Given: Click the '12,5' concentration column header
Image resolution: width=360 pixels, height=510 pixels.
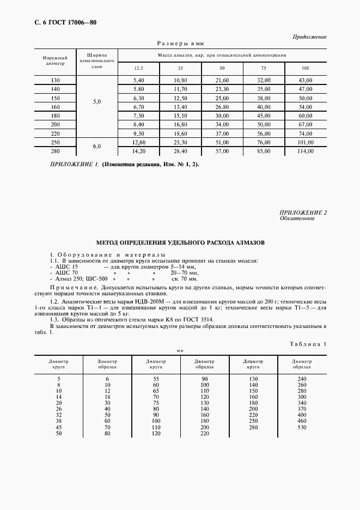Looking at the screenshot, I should (139, 68).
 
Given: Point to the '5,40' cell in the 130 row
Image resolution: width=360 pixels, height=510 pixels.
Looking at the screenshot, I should (138, 80).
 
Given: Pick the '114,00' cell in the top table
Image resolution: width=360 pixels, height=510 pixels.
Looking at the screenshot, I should (305, 151).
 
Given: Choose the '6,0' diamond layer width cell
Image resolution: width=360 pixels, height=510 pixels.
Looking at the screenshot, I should (97, 147).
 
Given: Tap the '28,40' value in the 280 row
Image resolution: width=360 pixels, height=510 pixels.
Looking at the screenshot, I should (180, 151).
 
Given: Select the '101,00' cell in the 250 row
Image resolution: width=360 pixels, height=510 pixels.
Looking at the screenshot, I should (305, 143).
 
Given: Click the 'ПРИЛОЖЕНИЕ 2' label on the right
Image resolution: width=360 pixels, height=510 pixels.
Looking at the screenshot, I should (303, 212).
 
